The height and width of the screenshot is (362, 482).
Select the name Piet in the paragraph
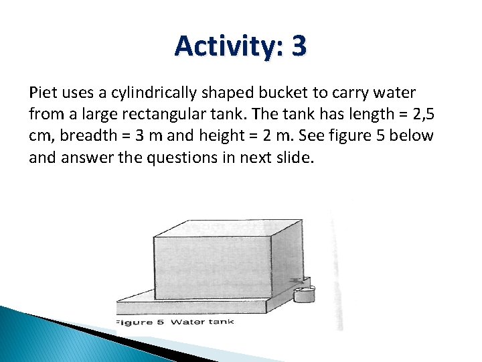click(x=43, y=92)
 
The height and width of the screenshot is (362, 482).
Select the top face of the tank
click(x=221, y=227)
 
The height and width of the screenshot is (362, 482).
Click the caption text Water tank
click(x=202, y=322)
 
